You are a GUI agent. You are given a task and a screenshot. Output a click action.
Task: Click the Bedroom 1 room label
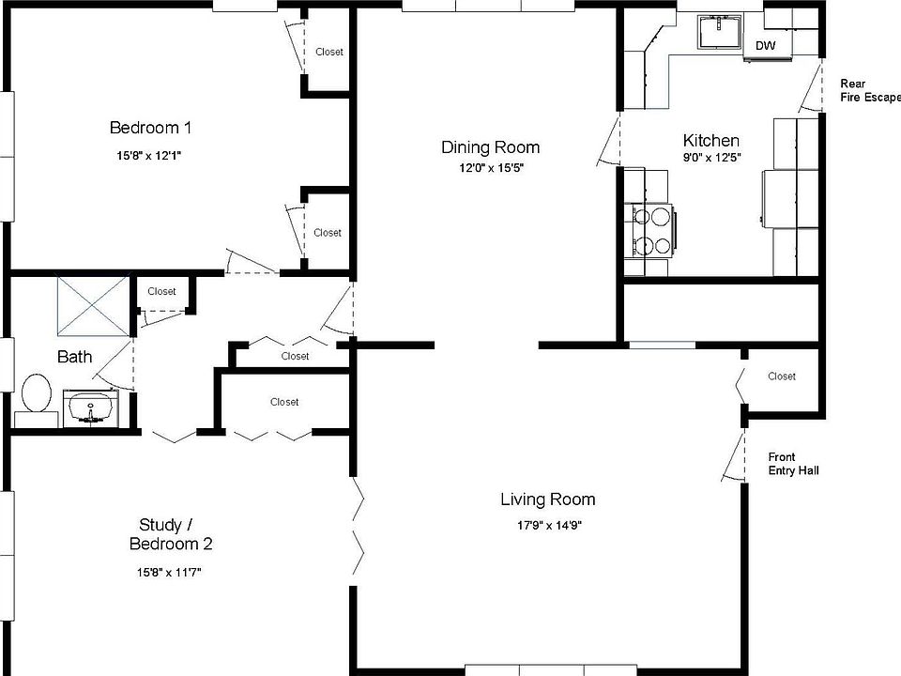point(150,128)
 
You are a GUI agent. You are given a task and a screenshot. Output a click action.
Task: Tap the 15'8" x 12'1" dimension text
point(149,155)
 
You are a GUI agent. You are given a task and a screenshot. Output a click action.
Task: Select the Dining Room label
point(490,147)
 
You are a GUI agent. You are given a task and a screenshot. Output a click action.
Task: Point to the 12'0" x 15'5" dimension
point(491,168)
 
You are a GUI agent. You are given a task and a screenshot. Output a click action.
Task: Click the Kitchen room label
point(710,140)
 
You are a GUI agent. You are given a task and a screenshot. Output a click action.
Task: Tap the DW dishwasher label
point(766,45)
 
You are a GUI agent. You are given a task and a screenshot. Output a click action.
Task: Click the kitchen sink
point(720,32)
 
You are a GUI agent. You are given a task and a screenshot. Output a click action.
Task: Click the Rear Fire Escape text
point(870,90)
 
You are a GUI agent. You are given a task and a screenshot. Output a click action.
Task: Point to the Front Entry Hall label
point(794,464)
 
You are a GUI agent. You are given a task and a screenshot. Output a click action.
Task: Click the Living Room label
point(547,499)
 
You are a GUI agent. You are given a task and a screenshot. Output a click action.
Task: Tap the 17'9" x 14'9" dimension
point(550,525)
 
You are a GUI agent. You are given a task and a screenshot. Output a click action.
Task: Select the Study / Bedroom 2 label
point(171,534)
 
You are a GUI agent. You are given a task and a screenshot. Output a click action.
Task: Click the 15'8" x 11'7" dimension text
point(169,572)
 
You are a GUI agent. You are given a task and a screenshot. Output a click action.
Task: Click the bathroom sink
point(91,407)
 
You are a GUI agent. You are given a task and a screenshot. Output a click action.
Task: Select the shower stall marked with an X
point(93,306)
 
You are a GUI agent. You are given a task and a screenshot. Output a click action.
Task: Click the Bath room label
point(75,357)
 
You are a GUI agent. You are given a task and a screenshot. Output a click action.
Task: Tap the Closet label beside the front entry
point(782,376)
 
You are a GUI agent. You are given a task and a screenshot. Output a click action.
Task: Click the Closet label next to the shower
point(161,291)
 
